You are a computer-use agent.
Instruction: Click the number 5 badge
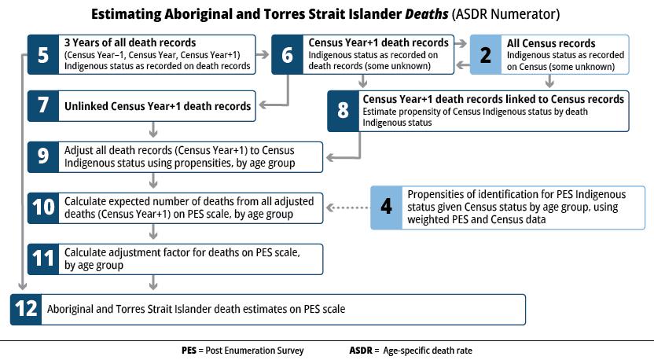tap(43, 55)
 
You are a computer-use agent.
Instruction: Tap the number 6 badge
tap(288, 55)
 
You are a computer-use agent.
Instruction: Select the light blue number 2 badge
tap(486, 55)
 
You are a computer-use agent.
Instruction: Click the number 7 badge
tap(43, 105)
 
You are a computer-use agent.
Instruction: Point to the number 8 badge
tap(343, 111)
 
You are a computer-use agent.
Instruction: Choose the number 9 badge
tap(43, 156)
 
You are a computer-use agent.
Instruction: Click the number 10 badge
tap(43, 208)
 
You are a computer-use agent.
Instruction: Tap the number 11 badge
tap(43, 258)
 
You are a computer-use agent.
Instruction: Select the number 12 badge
tap(27, 309)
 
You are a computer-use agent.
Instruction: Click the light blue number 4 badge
tap(386, 208)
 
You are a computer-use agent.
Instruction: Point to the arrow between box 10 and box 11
tap(152, 233)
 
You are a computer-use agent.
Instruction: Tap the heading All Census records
tap(551, 43)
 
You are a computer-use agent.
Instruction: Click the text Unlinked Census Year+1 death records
tap(157, 105)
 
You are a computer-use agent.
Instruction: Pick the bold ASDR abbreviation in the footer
tap(362, 350)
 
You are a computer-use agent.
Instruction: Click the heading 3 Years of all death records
tap(130, 42)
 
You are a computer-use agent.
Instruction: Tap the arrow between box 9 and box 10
tap(152, 182)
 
